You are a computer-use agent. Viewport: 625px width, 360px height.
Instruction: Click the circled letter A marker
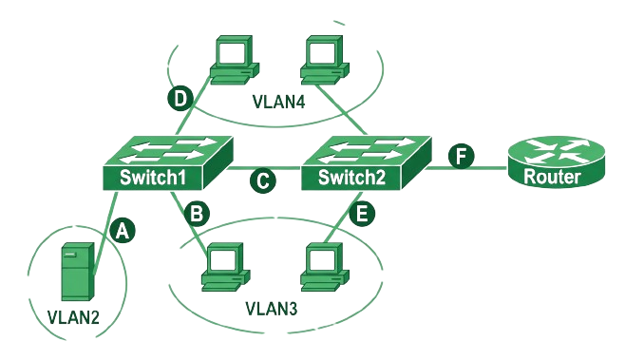click(123, 231)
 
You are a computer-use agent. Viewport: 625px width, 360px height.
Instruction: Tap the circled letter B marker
click(197, 214)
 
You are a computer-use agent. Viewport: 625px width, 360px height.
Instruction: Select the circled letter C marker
click(263, 180)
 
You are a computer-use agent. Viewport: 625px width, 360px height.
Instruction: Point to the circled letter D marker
click(180, 98)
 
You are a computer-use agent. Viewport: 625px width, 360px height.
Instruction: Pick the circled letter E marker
click(362, 214)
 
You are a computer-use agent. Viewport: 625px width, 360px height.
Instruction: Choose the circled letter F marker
click(462, 156)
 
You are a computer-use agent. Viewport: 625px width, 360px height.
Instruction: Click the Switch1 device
click(168, 163)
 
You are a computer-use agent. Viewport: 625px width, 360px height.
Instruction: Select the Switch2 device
click(367, 163)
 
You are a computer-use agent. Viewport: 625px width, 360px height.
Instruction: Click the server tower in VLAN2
click(78, 272)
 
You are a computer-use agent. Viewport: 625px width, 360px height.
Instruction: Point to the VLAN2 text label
click(73, 317)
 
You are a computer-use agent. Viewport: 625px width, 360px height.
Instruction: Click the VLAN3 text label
click(272, 309)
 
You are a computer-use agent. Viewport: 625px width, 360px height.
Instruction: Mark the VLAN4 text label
click(279, 102)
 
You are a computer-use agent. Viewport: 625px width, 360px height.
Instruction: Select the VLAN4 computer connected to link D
click(235, 60)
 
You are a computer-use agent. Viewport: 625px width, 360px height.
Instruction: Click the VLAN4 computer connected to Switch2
click(325, 60)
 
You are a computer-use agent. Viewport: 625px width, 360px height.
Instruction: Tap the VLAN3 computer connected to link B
click(226, 266)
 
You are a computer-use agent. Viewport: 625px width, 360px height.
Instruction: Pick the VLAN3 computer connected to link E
click(325, 266)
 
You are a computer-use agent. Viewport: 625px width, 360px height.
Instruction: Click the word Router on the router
click(552, 177)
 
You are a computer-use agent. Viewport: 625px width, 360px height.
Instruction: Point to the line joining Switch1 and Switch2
click(264, 169)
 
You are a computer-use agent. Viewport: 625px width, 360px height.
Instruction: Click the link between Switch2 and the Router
click(466, 168)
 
